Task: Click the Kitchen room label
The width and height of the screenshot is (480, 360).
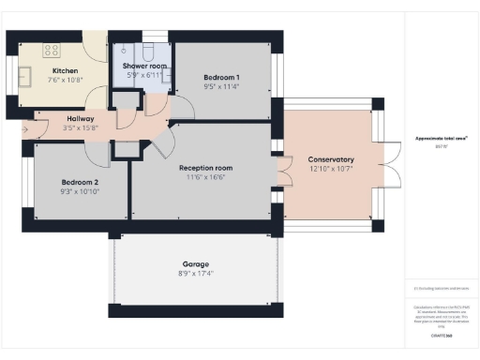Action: coord(65,71)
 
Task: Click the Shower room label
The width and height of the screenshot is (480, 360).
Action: coord(138,65)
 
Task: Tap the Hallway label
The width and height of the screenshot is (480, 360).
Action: coord(79,118)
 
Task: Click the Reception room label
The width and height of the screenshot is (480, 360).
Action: coord(205,168)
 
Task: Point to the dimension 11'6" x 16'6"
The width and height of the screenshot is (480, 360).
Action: coord(205,176)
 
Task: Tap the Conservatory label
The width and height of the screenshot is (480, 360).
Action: coord(330,159)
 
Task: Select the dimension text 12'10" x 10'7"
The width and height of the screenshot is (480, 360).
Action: coord(330,168)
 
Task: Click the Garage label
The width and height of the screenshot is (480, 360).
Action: coord(196,264)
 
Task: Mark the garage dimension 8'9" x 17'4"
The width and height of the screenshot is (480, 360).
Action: coord(196,273)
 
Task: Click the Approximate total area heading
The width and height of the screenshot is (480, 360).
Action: coord(442,139)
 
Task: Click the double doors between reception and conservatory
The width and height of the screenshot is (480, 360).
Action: coord(281,173)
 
